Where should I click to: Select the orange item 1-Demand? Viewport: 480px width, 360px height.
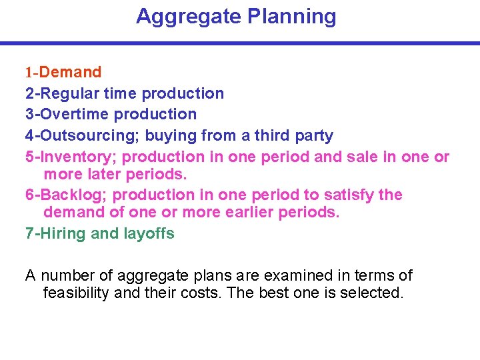[x=63, y=72]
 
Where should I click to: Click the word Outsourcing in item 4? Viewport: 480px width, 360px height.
[x=87, y=136]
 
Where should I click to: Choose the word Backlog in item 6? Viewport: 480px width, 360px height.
[x=75, y=195]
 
